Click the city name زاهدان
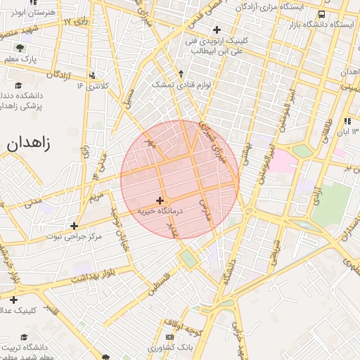29,143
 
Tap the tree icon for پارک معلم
19,49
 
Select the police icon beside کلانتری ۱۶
94,75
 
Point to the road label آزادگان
62,74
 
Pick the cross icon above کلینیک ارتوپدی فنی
217,30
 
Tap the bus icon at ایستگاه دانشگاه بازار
321,14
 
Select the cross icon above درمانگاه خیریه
160,200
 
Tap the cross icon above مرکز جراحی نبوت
74,226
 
